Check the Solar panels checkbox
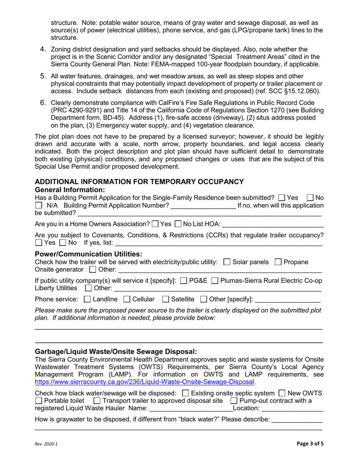[226, 262]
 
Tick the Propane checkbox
[279, 262]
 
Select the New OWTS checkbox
[282, 393]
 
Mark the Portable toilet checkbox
[39, 401]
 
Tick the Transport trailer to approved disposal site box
[97, 401]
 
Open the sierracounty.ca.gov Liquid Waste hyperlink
[145, 382]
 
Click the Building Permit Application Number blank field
[203, 206]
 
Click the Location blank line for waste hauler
[292, 409]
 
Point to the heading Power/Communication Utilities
[88, 254]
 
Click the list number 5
[43, 76]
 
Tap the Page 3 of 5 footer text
[313, 444]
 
